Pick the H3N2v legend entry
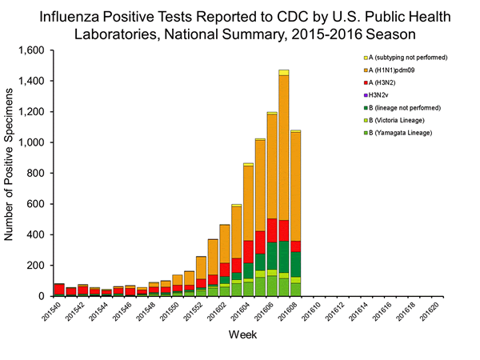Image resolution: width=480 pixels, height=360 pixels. point(378,94)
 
